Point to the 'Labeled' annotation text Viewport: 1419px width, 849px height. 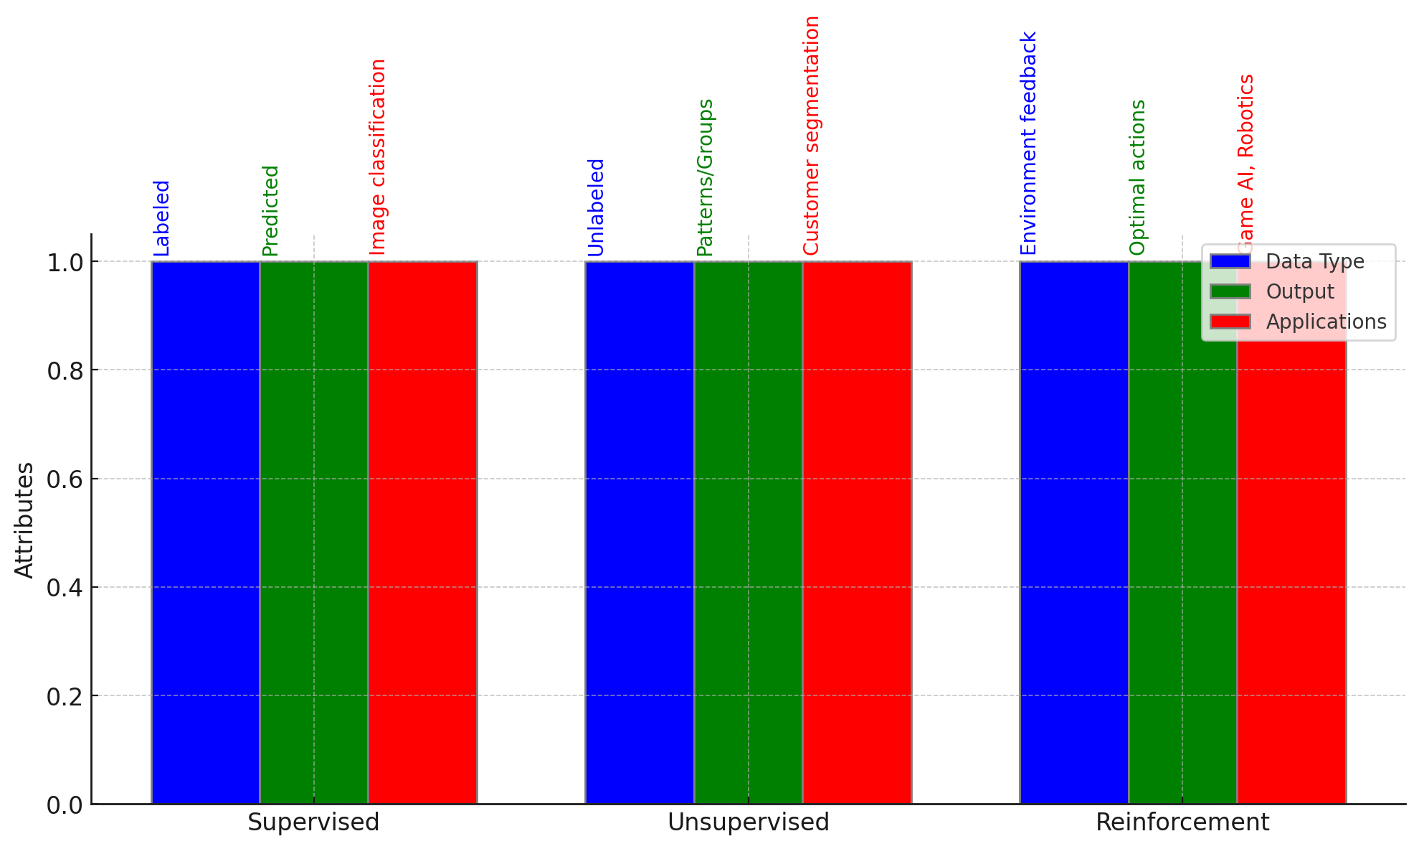pyautogui.click(x=162, y=218)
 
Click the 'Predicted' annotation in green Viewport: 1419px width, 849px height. pyautogui.click(x=270, y=210)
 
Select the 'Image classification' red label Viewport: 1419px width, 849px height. pyautogui.click(x=378, y=156)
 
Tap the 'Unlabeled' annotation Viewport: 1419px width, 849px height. pyautogui.click(x=596, y=207)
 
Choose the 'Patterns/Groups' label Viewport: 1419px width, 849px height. pyautogui.click(x=705, y=177)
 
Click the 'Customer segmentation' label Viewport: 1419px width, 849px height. pyautogui.click(x=811, y=136)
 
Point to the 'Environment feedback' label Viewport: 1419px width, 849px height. pyautogui.click(x=1028, y=144)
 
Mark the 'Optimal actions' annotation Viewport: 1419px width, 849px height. pyautogui.click(x=1137, y=177)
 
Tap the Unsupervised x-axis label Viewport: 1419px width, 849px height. pyautogui.click(x=748, y=822)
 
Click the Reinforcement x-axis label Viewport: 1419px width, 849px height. pyautogui.click(x=1182, y=822)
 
